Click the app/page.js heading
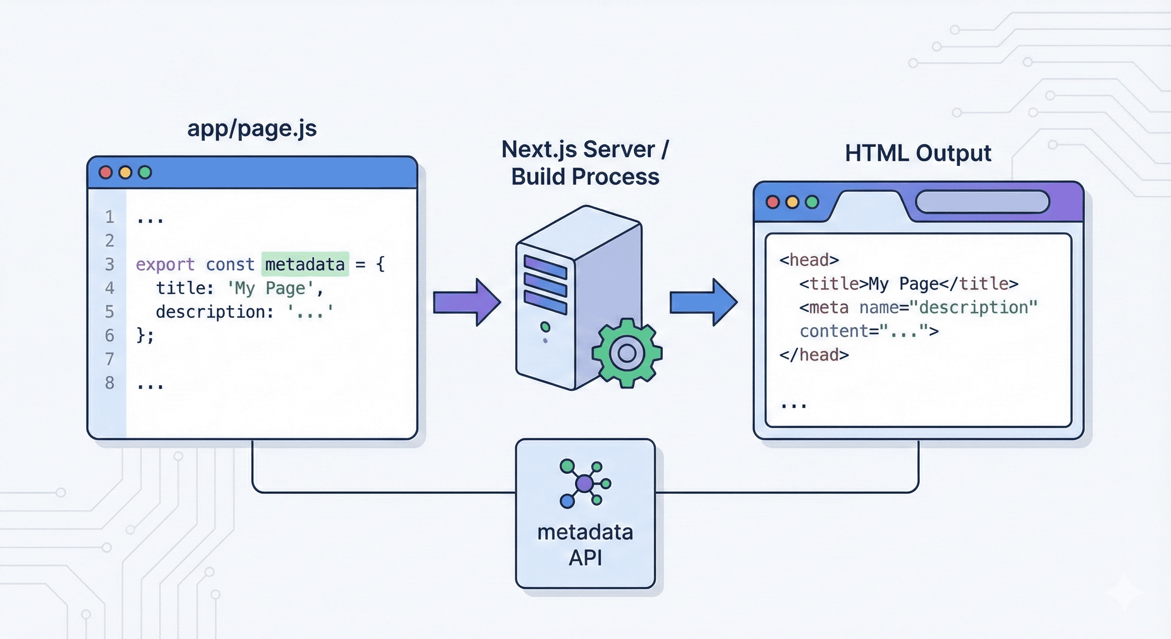(252, 128)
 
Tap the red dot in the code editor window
(106, 172)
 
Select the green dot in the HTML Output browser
(812, 202)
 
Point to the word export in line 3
(165, 264)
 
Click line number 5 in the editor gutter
(109, 312)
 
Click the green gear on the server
(627, 353)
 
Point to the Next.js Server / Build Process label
(585, 163)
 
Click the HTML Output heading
(918, 153)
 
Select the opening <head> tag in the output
(809, 260)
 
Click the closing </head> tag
(814, 355)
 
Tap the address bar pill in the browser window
(982, 202)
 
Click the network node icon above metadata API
(585, 483)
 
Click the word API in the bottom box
(585, 558)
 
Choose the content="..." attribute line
(869, 331)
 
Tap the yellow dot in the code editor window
(125, 172)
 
